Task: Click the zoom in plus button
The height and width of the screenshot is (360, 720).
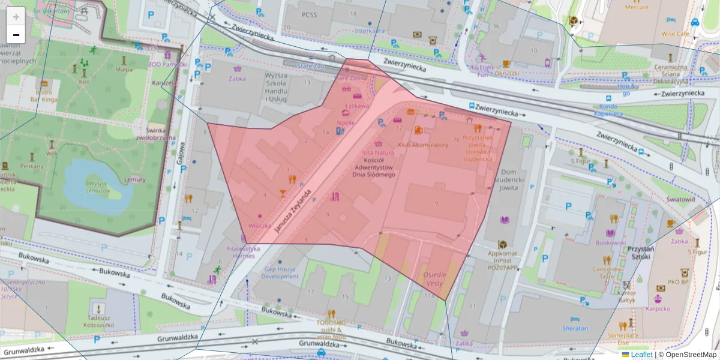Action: [x=16, y=16]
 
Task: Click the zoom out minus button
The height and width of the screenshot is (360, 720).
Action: [x=16, y=34]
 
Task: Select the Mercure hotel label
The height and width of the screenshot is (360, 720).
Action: [x=637, y=7]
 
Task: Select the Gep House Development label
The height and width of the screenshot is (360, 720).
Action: [x=280, y=273]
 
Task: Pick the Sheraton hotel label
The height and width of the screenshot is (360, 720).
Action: [x=575, y=328]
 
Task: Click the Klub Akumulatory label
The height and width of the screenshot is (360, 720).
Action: [x=422, y=145]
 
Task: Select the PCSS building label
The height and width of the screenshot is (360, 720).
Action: [x=310, y=14]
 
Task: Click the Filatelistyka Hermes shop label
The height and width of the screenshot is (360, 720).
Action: [x=244, y=251]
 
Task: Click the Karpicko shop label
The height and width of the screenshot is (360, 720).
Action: [x=658, y=309]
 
